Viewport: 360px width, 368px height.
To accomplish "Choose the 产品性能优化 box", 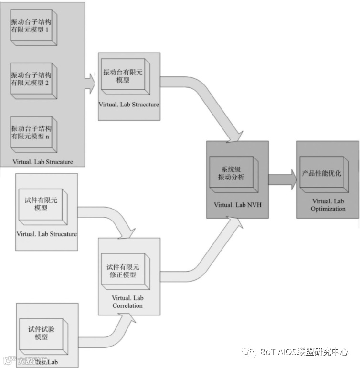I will (x=322, y=173).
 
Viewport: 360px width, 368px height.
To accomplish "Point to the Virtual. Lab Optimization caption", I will (x=328, y=205).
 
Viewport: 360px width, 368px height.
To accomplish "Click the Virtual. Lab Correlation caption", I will (x=127, y=302).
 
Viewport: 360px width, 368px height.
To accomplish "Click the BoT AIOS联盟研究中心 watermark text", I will (x=304, y=352).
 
